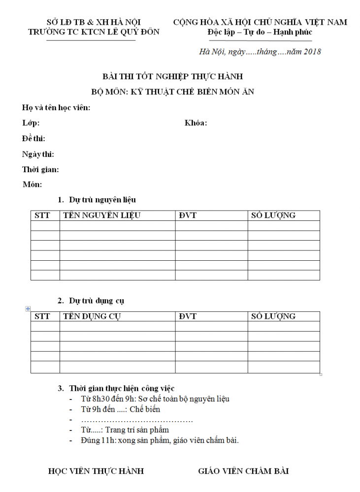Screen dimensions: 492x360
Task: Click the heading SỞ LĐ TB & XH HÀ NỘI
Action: point(94,22)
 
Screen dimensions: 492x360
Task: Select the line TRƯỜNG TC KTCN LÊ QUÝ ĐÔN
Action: point(94,32)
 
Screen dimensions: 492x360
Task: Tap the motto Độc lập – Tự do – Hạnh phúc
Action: point(260,32)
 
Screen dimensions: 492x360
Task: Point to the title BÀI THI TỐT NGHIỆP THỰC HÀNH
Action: point(172,76)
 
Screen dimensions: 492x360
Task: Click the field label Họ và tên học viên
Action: point(56,107)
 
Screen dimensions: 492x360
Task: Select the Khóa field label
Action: point(196,123)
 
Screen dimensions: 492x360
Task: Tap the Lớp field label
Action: point(31,123)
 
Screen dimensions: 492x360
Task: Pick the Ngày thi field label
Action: point(38,154)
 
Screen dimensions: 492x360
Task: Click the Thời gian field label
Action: point(40,169)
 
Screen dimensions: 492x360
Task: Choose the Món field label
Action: point(33,184)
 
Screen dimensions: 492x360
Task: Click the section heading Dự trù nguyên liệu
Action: point(102,200)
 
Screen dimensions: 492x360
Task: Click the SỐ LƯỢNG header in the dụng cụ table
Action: point(273,316)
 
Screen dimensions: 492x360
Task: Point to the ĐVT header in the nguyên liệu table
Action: point(188,215)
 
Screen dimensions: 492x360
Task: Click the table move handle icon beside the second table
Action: point(28,308)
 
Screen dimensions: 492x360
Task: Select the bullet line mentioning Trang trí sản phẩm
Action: point(125,430)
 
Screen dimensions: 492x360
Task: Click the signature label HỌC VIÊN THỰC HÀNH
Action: point(96,471)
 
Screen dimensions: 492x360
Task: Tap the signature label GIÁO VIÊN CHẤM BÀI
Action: point(243,471)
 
